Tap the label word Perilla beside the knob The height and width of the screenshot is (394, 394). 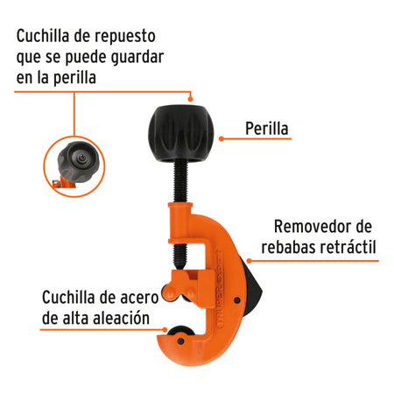click(x=268, y=132)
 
